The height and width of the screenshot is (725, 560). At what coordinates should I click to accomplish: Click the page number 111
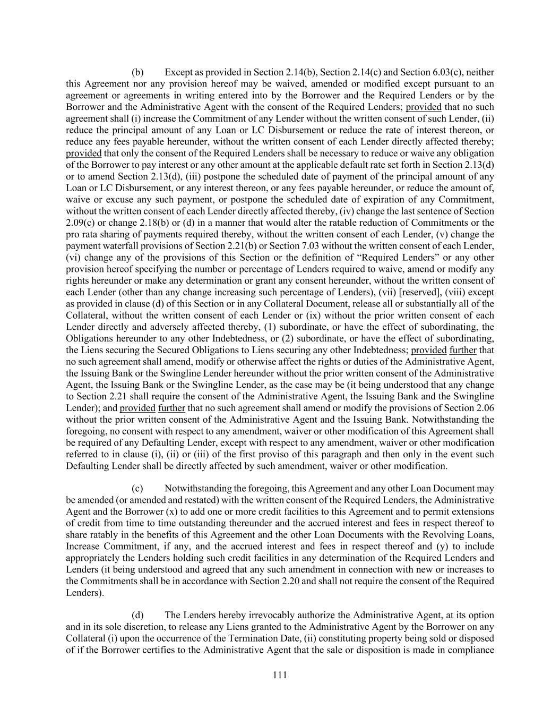click(280, 675)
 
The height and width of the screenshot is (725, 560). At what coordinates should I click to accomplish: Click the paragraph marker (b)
click(137, 72)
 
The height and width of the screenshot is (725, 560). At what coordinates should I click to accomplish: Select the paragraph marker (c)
click(137, 489)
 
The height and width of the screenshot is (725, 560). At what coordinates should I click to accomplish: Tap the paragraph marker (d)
click(137, 616)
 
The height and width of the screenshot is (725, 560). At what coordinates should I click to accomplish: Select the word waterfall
click(117, 246)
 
